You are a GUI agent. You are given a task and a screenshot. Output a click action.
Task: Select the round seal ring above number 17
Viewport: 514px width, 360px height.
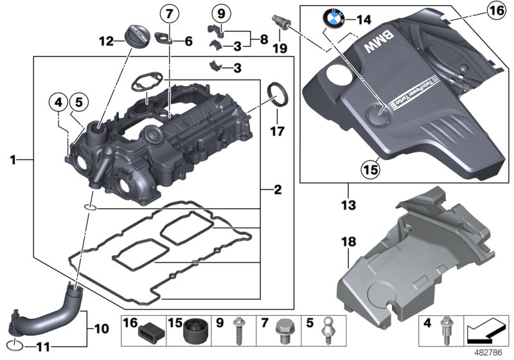pos(278,91)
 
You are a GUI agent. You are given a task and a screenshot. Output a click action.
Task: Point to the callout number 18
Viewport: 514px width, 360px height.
pos(348,242)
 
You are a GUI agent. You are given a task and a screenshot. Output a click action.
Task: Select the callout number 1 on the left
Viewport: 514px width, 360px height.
pos(13,158)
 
